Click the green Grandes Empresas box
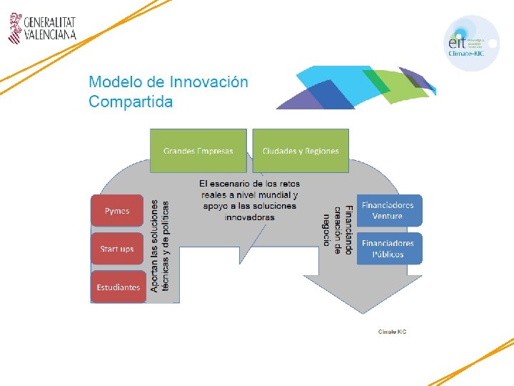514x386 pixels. pos(198,150)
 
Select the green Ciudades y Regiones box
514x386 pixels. pos(301,150)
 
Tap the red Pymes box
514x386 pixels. pos(117,211)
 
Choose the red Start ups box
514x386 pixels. pos(117,249)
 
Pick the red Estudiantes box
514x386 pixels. pos(117,287)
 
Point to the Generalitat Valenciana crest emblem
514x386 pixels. pos(16,29)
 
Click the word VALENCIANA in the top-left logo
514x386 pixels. pos(49,34)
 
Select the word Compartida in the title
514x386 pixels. pos(131,102)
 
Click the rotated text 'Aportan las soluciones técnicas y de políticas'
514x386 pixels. pos(160,245)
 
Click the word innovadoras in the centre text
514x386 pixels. pos(249,217)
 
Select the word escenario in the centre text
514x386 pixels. pos(241,184)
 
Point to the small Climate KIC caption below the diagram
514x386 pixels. pos(392,332)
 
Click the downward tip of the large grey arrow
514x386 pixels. pos(366,312)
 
